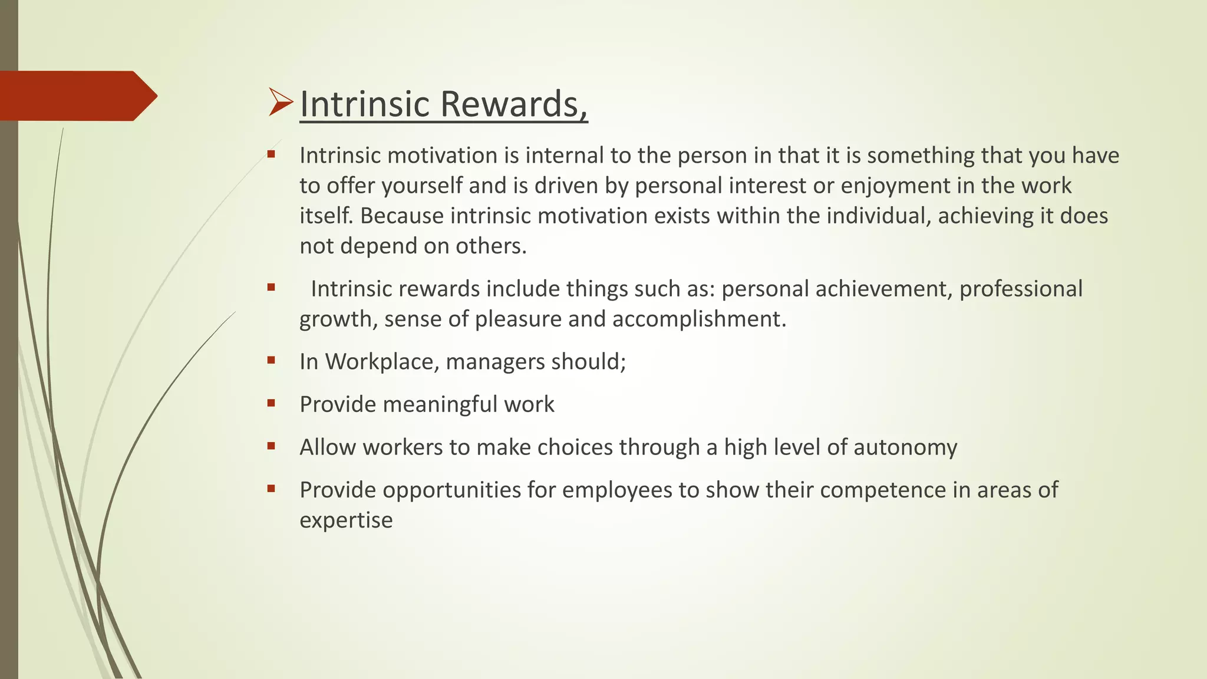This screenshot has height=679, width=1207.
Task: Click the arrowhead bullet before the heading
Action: coord(281,102)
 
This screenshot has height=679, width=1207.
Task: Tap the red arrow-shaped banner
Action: coord(77,95)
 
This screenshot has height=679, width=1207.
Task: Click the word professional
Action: coord(1021,289)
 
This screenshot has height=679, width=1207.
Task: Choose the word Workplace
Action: coord(380,361)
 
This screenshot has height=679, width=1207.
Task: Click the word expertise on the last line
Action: coord(346,520)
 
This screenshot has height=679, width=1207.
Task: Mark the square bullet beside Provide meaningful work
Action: coord(271,404)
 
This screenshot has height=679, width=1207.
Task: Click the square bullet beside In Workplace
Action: coord(271,361)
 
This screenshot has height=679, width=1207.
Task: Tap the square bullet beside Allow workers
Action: coord(271,447)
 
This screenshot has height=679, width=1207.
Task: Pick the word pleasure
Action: coord(517,319)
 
